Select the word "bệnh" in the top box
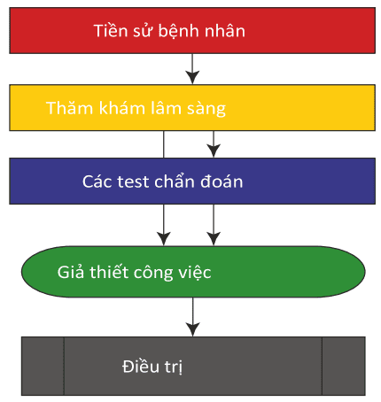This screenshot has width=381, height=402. tap(178, 32)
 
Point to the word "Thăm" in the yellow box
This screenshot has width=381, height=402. tap(70, 107)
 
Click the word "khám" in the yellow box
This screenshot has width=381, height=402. tap(122, 107)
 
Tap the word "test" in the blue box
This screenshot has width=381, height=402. tap(133, 182)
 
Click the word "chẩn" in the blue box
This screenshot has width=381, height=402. tap(174, 181)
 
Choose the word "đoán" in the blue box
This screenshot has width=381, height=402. tap(222, 181)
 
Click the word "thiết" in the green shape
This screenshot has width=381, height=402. tap(109, 271)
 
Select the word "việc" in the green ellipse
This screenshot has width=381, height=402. tap(194, 272)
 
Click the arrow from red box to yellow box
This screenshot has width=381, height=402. tap(192, 69)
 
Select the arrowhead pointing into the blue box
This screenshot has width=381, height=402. tap(214, 151)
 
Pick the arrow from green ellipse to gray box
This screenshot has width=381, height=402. tap(192, 317)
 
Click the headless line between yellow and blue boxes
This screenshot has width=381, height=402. tap(164, 144)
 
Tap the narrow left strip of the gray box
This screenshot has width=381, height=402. tap(43, 366)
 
